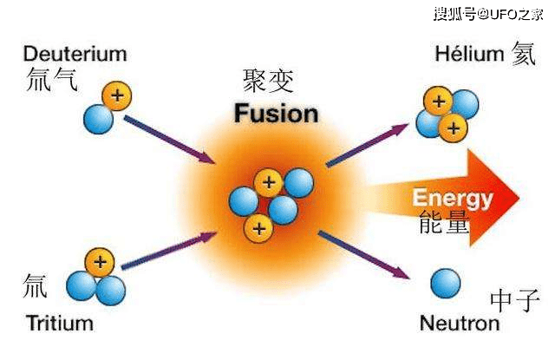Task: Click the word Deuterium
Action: click(75, 54)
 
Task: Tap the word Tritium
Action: click(60, 324)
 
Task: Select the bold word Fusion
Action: click(276, 114)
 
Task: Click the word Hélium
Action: click(469, 54)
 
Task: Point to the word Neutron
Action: click(460, 324)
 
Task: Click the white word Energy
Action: click(453, 199)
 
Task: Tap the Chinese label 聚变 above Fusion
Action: click(268, 81)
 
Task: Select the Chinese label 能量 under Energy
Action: click(444, 223)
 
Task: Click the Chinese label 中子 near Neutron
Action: click(515, 300)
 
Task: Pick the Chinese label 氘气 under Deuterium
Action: click(52, 79)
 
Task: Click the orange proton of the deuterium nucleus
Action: click(117, 96)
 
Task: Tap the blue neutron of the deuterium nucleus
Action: click(98, 119)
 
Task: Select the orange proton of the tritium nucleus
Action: click(100, 262)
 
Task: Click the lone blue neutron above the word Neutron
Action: click(446, 283)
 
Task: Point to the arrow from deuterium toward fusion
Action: click(170, 140)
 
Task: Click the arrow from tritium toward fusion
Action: click(169, 251)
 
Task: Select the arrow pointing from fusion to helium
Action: click(367, 145)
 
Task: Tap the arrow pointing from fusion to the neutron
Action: click(364, 255)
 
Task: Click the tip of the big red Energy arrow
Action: click(519, 199)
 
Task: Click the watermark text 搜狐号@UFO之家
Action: click(488, 15)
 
